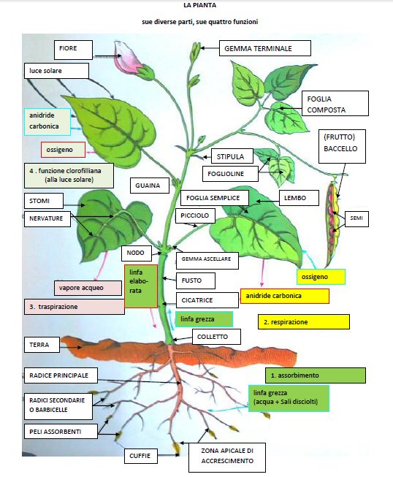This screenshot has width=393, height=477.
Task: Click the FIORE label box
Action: point(73,50)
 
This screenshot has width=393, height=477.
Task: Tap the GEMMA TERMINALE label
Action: point(265,48)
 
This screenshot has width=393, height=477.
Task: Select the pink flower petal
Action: point(125,57)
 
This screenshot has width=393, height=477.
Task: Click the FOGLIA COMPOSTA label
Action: point(335,104)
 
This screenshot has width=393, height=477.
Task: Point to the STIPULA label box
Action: point(232,156)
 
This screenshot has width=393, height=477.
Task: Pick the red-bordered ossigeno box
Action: point(63,150)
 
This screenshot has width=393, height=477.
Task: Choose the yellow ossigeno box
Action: point(321,277)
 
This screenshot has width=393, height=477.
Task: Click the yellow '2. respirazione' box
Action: point(304,322)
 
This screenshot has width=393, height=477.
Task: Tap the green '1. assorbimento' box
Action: point(316,375)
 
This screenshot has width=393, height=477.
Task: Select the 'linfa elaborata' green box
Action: point(141,286)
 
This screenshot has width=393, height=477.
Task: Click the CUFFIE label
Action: point(141,456)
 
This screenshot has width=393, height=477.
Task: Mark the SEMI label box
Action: point(356,218)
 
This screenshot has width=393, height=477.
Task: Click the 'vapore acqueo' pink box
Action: point(88,288)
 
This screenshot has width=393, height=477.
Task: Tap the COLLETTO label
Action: point(216,337)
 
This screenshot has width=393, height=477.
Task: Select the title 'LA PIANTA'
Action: point(200,5)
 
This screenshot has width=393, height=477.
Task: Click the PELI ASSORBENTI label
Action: point(61,432)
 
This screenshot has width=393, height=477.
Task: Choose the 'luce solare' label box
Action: point(56,71)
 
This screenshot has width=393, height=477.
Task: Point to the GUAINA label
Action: point(150,186)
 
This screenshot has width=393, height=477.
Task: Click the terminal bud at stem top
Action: point(196,52)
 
